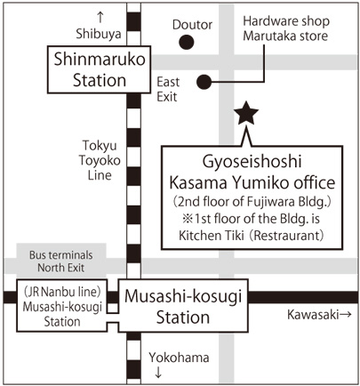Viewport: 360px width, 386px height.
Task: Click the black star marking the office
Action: [246, 113]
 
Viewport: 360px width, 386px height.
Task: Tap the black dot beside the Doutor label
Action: [187, 42]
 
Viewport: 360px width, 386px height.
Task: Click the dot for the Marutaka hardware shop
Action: [204, 82]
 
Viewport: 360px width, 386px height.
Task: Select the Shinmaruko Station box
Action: [100, 69]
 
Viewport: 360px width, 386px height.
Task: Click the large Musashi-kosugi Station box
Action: [183, 305]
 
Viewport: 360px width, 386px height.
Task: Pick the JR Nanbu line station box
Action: [62, 306]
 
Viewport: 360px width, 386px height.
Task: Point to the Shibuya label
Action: [99, 34]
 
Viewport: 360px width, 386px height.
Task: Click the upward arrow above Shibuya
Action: [100, 17]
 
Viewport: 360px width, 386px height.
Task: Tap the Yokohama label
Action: [179, 358]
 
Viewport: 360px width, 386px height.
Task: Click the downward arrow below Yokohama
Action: [158, 373]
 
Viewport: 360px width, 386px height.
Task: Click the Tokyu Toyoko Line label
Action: [100, 160]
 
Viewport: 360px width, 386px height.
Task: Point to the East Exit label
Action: [168, 89]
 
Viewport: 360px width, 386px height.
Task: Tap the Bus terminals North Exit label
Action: [61, 261]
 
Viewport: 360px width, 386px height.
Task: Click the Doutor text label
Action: [192, 25]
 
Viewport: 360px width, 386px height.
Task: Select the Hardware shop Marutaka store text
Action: [286, 28]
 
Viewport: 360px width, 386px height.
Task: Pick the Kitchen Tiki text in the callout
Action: [212, 236]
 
